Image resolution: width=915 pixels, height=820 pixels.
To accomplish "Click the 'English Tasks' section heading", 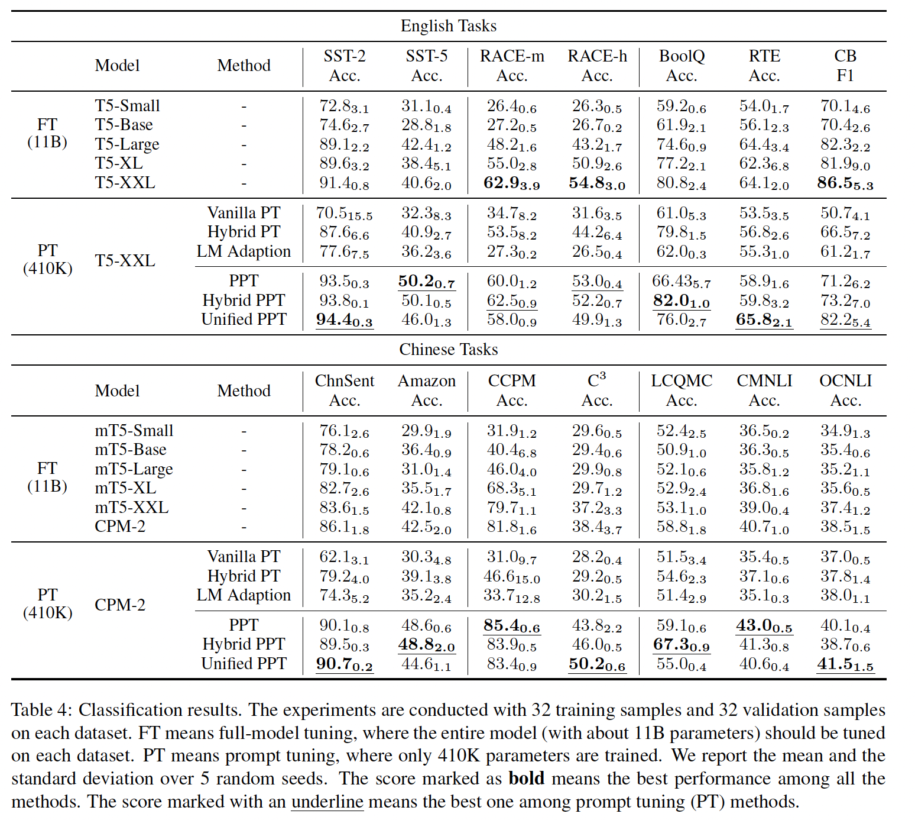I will point(448,26).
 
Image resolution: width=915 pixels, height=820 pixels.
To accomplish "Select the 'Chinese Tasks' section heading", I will point(448,350).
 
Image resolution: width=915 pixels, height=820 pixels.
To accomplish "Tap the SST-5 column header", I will point(426,65).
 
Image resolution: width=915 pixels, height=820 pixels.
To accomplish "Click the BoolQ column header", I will point(682,65).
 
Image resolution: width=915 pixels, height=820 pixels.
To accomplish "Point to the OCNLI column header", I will point(845,390).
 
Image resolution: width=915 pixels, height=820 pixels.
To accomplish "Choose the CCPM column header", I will point(511,390).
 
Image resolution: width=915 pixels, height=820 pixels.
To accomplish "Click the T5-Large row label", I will point(127,144).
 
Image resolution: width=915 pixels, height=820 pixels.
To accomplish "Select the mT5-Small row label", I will point(134,431).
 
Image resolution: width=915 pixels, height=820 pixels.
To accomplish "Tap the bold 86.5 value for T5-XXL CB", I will point(845,183).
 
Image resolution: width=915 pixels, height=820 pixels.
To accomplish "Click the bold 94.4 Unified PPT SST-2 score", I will point(345,319).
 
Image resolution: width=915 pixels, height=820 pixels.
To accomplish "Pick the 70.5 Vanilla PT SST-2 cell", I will point(345,213).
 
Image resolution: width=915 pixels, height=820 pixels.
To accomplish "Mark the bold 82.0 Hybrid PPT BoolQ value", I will point(682,301).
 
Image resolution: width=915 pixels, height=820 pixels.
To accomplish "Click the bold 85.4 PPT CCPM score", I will point(511,625).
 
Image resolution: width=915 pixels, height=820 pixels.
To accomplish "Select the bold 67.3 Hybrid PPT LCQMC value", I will point(682,644).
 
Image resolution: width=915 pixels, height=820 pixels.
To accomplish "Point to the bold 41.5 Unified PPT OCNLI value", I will point(845,664).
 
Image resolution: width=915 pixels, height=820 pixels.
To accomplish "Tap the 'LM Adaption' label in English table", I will point(244,251).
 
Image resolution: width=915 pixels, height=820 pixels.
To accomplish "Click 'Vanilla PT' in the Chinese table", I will point(244,557).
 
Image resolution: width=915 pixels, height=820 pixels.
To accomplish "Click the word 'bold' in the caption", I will point(526,779).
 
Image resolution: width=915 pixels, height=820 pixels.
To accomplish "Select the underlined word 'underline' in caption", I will point(327,802).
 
